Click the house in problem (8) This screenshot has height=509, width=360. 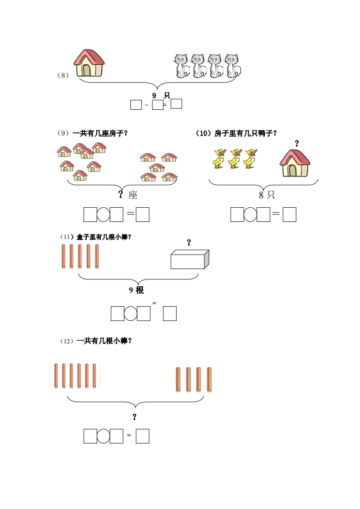point(89,63)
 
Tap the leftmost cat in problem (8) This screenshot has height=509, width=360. point(182,66)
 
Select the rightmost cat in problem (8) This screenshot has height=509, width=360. point(233,66)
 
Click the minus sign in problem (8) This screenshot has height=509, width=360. point(147,105)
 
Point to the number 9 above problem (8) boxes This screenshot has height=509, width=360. point(154,95)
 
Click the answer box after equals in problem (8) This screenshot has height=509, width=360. point(176,103)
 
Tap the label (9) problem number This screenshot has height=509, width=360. point(63,133)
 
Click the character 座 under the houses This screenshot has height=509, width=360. point(133,195)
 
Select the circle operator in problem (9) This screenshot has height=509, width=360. point(104,215)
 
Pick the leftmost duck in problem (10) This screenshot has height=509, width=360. point(219,159)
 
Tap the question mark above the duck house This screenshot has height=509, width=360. point(296,143)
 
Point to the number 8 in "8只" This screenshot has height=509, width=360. point(261,195)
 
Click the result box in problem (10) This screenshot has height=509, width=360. point(290,215)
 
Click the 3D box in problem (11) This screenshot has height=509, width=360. point(190,259)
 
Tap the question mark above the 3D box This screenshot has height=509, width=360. point(189,243)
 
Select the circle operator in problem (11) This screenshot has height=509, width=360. point(131,313)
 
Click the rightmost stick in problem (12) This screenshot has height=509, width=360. point(209,379)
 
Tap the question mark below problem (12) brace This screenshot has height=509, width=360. point(134,417)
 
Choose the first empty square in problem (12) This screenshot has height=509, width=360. point(90,436)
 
